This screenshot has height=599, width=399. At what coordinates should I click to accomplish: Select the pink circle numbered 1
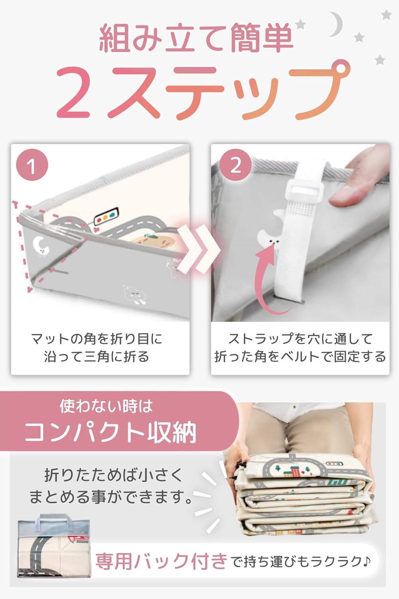pyautogui.click(x=32, y=165)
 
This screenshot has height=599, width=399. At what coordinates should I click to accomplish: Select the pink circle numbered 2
pyautogui.click(x=235, y=165)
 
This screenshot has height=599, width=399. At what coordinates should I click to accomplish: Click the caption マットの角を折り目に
pyautogui.click(x=97, y=339)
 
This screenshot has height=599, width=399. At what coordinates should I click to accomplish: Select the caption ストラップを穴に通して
pyautogui.click(x=300, y=339)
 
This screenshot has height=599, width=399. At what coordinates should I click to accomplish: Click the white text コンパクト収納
pyautogui.click(x=111, y=432)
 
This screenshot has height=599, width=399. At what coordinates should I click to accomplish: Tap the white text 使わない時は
pyautogui.click(x=106, y=406)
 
